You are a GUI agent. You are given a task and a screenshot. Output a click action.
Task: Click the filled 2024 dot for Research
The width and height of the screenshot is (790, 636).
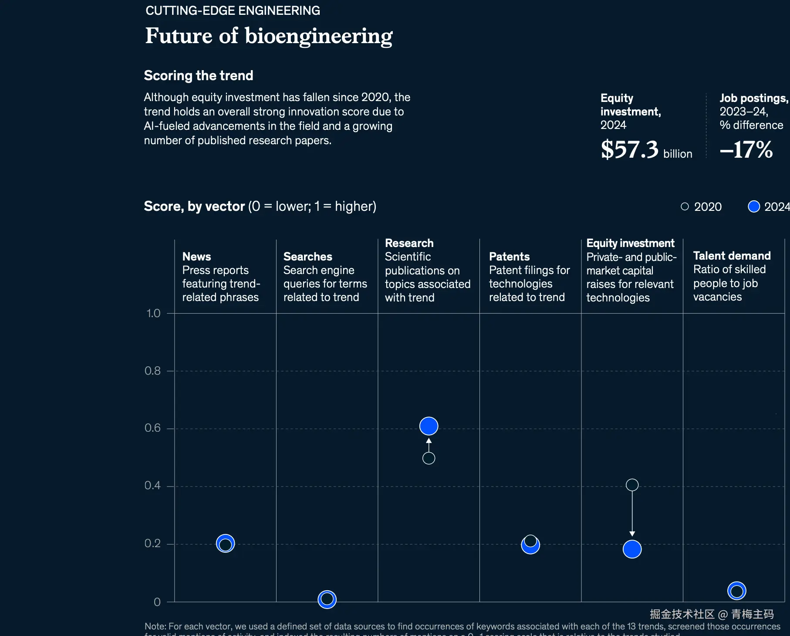[x=429, y=426]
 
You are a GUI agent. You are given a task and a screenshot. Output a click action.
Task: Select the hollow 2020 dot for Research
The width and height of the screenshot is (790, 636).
[x=429, y=458]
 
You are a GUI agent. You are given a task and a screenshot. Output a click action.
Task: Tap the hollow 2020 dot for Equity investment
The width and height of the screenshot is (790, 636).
[x=632, y=485]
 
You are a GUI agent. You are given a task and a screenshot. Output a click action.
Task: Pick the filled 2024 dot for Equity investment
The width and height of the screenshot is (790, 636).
[x=632, y=549]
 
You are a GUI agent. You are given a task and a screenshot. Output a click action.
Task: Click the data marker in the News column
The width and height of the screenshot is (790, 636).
[x=225, y=544]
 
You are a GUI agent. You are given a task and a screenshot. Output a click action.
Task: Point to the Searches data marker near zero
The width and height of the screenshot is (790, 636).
[x=327, y=599]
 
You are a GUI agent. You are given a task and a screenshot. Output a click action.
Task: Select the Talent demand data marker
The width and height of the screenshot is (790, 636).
[x=736, y=591]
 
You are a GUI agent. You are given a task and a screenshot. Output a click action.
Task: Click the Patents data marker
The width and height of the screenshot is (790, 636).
[x=530, y=544]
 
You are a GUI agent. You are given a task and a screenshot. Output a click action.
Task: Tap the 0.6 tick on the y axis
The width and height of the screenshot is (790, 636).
[x=152, y=428]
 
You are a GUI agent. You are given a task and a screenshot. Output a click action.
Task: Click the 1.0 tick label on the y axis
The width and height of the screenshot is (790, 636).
[x=153, y=313]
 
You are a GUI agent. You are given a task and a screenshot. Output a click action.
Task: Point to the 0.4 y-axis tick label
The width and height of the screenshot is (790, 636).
[x=152, y=486]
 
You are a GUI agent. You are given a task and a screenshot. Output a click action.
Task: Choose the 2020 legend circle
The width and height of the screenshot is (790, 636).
[x=685, y=206]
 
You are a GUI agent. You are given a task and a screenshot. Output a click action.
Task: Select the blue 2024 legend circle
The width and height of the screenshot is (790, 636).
[x=753, y=206]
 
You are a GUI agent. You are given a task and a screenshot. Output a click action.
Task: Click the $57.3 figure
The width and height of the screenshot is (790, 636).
[x=630, y=149]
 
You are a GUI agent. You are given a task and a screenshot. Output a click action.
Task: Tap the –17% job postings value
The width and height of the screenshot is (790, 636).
[x=746, y=149]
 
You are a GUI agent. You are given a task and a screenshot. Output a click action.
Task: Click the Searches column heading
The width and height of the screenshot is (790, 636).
[x=307, y=257]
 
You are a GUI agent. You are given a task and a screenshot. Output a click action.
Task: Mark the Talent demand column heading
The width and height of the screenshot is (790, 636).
[x=732, y=256]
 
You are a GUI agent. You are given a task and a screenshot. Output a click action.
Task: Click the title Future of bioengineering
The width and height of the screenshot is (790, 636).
[x=269, y=36]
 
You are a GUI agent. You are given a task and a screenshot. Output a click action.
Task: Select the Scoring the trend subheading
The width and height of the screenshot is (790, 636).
[x=199, y=75]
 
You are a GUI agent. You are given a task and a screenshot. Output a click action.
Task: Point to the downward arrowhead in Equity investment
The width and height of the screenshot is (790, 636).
[x=632, y=534]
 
